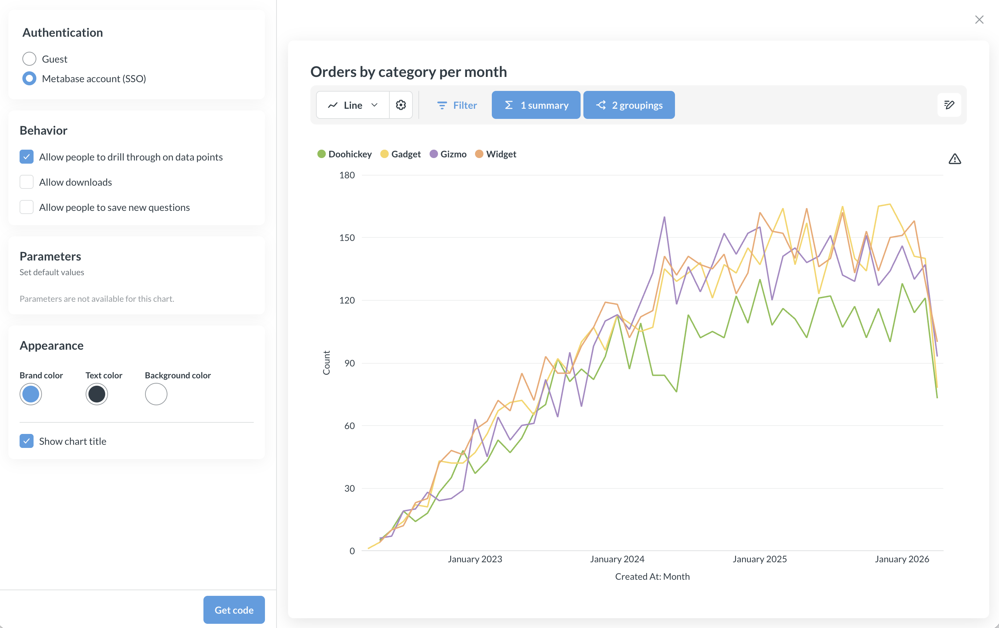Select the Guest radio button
(x=29, y=59)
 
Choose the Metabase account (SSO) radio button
(x=29, y=78)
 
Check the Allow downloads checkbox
(x=27, y=182)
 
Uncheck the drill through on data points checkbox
(x=27, y=157)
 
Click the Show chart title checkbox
(x=27, y=441)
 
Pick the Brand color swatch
(x=31, y=394)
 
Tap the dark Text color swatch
(x=97, y=394)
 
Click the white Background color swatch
(x=156, y=394)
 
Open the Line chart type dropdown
(x=353, y=105)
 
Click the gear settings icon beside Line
(x=401, y=105)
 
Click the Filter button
(x=457, y=105)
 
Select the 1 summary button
(x=536, y=105)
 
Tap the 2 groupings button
(x=628, y=105)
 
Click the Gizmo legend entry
(x=448, y=154)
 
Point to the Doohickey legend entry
(x=345, y=154)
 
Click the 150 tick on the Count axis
(x=347, y=237)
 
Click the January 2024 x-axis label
(x=617, y=559)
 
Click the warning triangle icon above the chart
(x=955, y=159)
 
